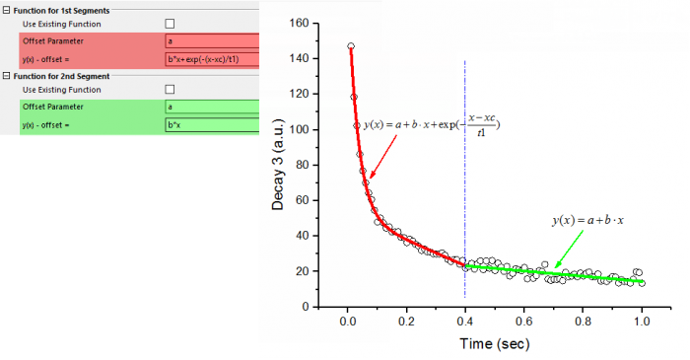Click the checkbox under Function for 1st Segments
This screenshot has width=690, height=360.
tap(170, 24)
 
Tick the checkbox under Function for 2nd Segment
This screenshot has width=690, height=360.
tap(170, 89)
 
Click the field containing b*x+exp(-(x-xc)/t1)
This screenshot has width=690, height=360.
tap(211, 58)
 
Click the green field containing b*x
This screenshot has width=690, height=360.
tap(211, 124)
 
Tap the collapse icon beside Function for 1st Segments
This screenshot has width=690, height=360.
tap(6, 9)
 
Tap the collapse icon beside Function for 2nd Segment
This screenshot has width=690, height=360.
tap(6, 75)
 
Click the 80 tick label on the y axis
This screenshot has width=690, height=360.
tap(302, 165)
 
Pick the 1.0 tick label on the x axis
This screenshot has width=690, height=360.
tap(643, 321)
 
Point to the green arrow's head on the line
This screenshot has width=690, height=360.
tap(555, 265)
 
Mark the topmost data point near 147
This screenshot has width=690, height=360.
tap(350, 46)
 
